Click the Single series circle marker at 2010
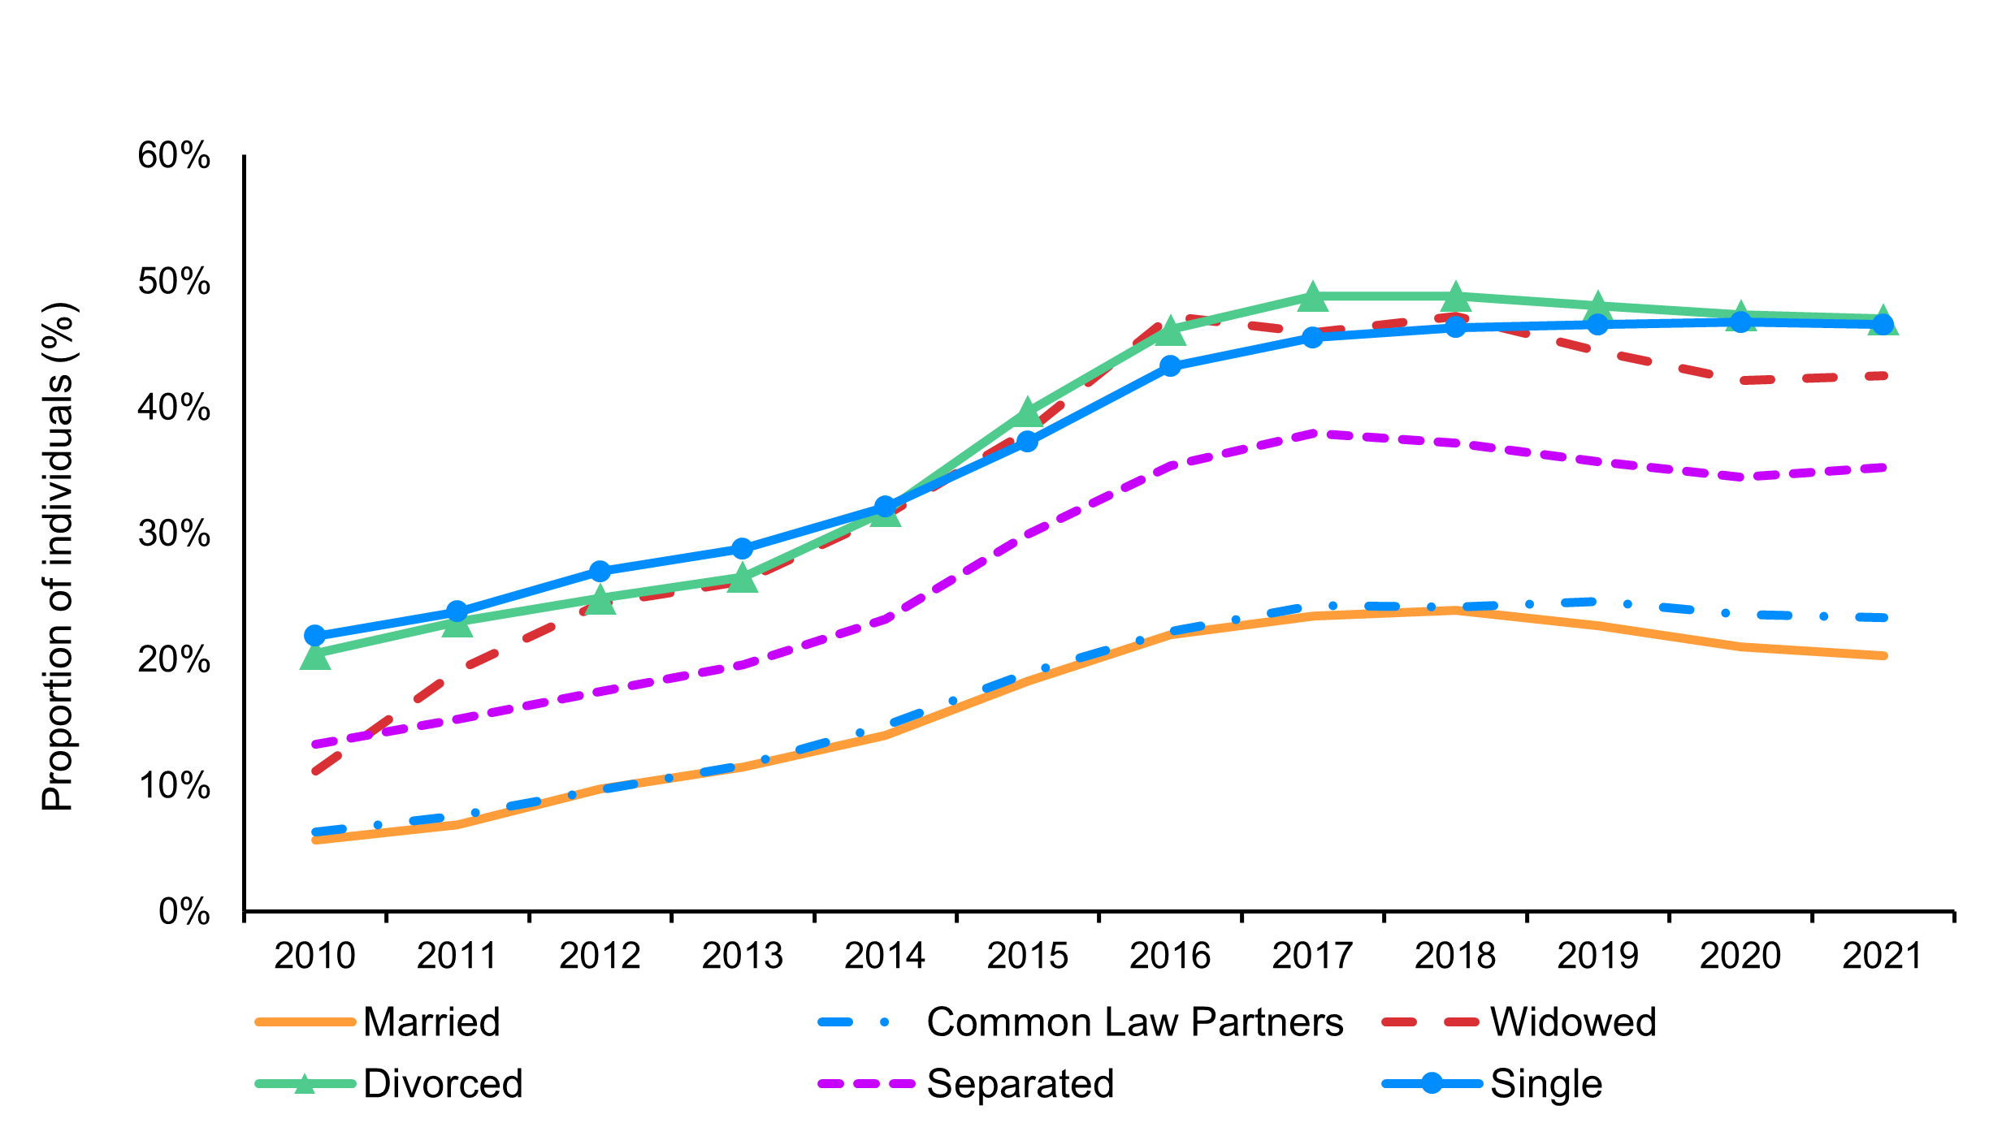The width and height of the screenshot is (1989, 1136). (x=315, y=635)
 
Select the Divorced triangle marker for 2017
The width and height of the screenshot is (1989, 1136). (x=1312, y=298)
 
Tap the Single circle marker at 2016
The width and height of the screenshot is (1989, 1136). (x=1170, y=366)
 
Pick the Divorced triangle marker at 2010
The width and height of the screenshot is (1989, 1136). (x=315, y=657)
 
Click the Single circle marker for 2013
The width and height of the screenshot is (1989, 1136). (x=742, y=549)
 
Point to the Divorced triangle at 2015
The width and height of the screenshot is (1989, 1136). (x=1027, y=413)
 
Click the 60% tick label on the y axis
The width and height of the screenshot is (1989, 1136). (x=174, y=155)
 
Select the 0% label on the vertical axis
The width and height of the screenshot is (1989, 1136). (x=184, y=912)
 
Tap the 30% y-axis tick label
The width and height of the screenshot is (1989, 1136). (x=174, y=533)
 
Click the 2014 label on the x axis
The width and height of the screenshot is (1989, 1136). (x=884, y=956)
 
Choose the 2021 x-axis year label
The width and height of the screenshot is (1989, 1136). (x=1882, y=956)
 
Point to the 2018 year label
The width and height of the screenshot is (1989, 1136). (x=1454, y=956)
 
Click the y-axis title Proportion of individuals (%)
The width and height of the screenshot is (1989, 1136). (x=58, y=557)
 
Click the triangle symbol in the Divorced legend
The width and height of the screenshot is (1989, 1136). (x=305, y=1084)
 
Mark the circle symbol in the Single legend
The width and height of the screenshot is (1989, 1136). (x=1432, y=1083)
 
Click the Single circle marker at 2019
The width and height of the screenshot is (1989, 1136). (x=1597, y=325)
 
